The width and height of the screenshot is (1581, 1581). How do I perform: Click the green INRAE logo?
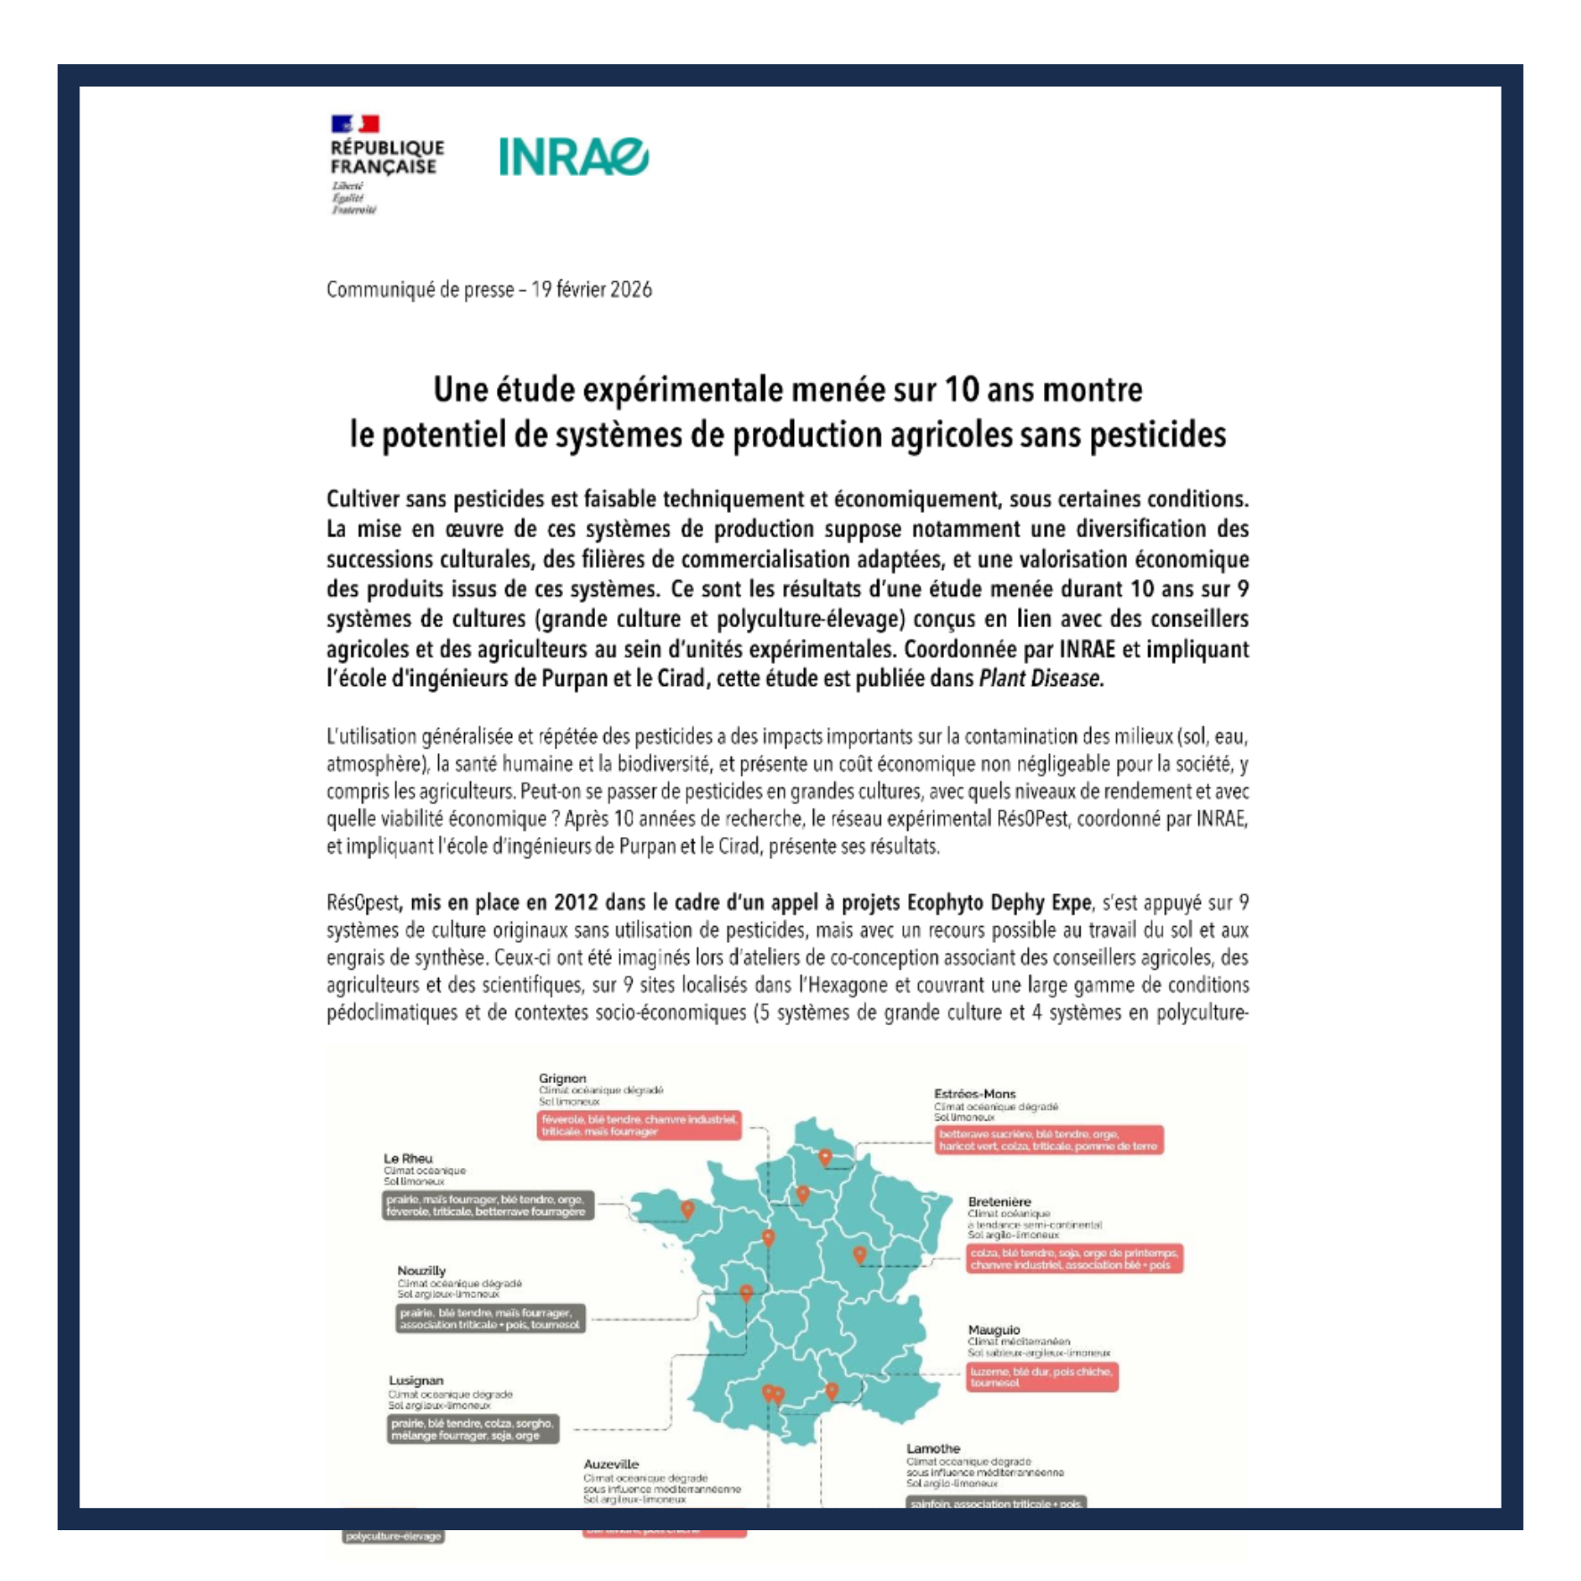coord(573,157)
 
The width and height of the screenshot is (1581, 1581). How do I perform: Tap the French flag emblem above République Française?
coord(355,124)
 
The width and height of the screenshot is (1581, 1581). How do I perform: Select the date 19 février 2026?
coord(592,290)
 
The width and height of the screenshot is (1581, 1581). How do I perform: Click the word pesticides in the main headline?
coord(1158,435)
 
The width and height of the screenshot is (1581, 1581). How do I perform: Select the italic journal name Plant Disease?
coord(1040,679)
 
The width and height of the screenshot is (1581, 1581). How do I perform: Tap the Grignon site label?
coord(562,1078)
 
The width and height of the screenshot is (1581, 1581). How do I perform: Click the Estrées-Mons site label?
coord(974,1094)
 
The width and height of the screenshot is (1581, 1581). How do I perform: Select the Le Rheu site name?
coord(408,1158)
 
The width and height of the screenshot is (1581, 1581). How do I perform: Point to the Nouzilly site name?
coord(421,1271)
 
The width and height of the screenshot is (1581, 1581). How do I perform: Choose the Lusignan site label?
coord(416,1380)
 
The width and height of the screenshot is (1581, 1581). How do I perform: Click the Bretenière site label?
coord(999,1202)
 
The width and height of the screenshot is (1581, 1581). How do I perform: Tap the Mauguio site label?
coord(993,1329)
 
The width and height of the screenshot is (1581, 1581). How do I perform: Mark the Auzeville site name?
coord(611,1464)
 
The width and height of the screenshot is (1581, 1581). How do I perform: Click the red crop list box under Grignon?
coord(639,1125)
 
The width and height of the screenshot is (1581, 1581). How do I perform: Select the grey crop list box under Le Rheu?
coord(487,1205)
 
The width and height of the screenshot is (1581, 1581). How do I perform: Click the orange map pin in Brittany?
coord(687,1209)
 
